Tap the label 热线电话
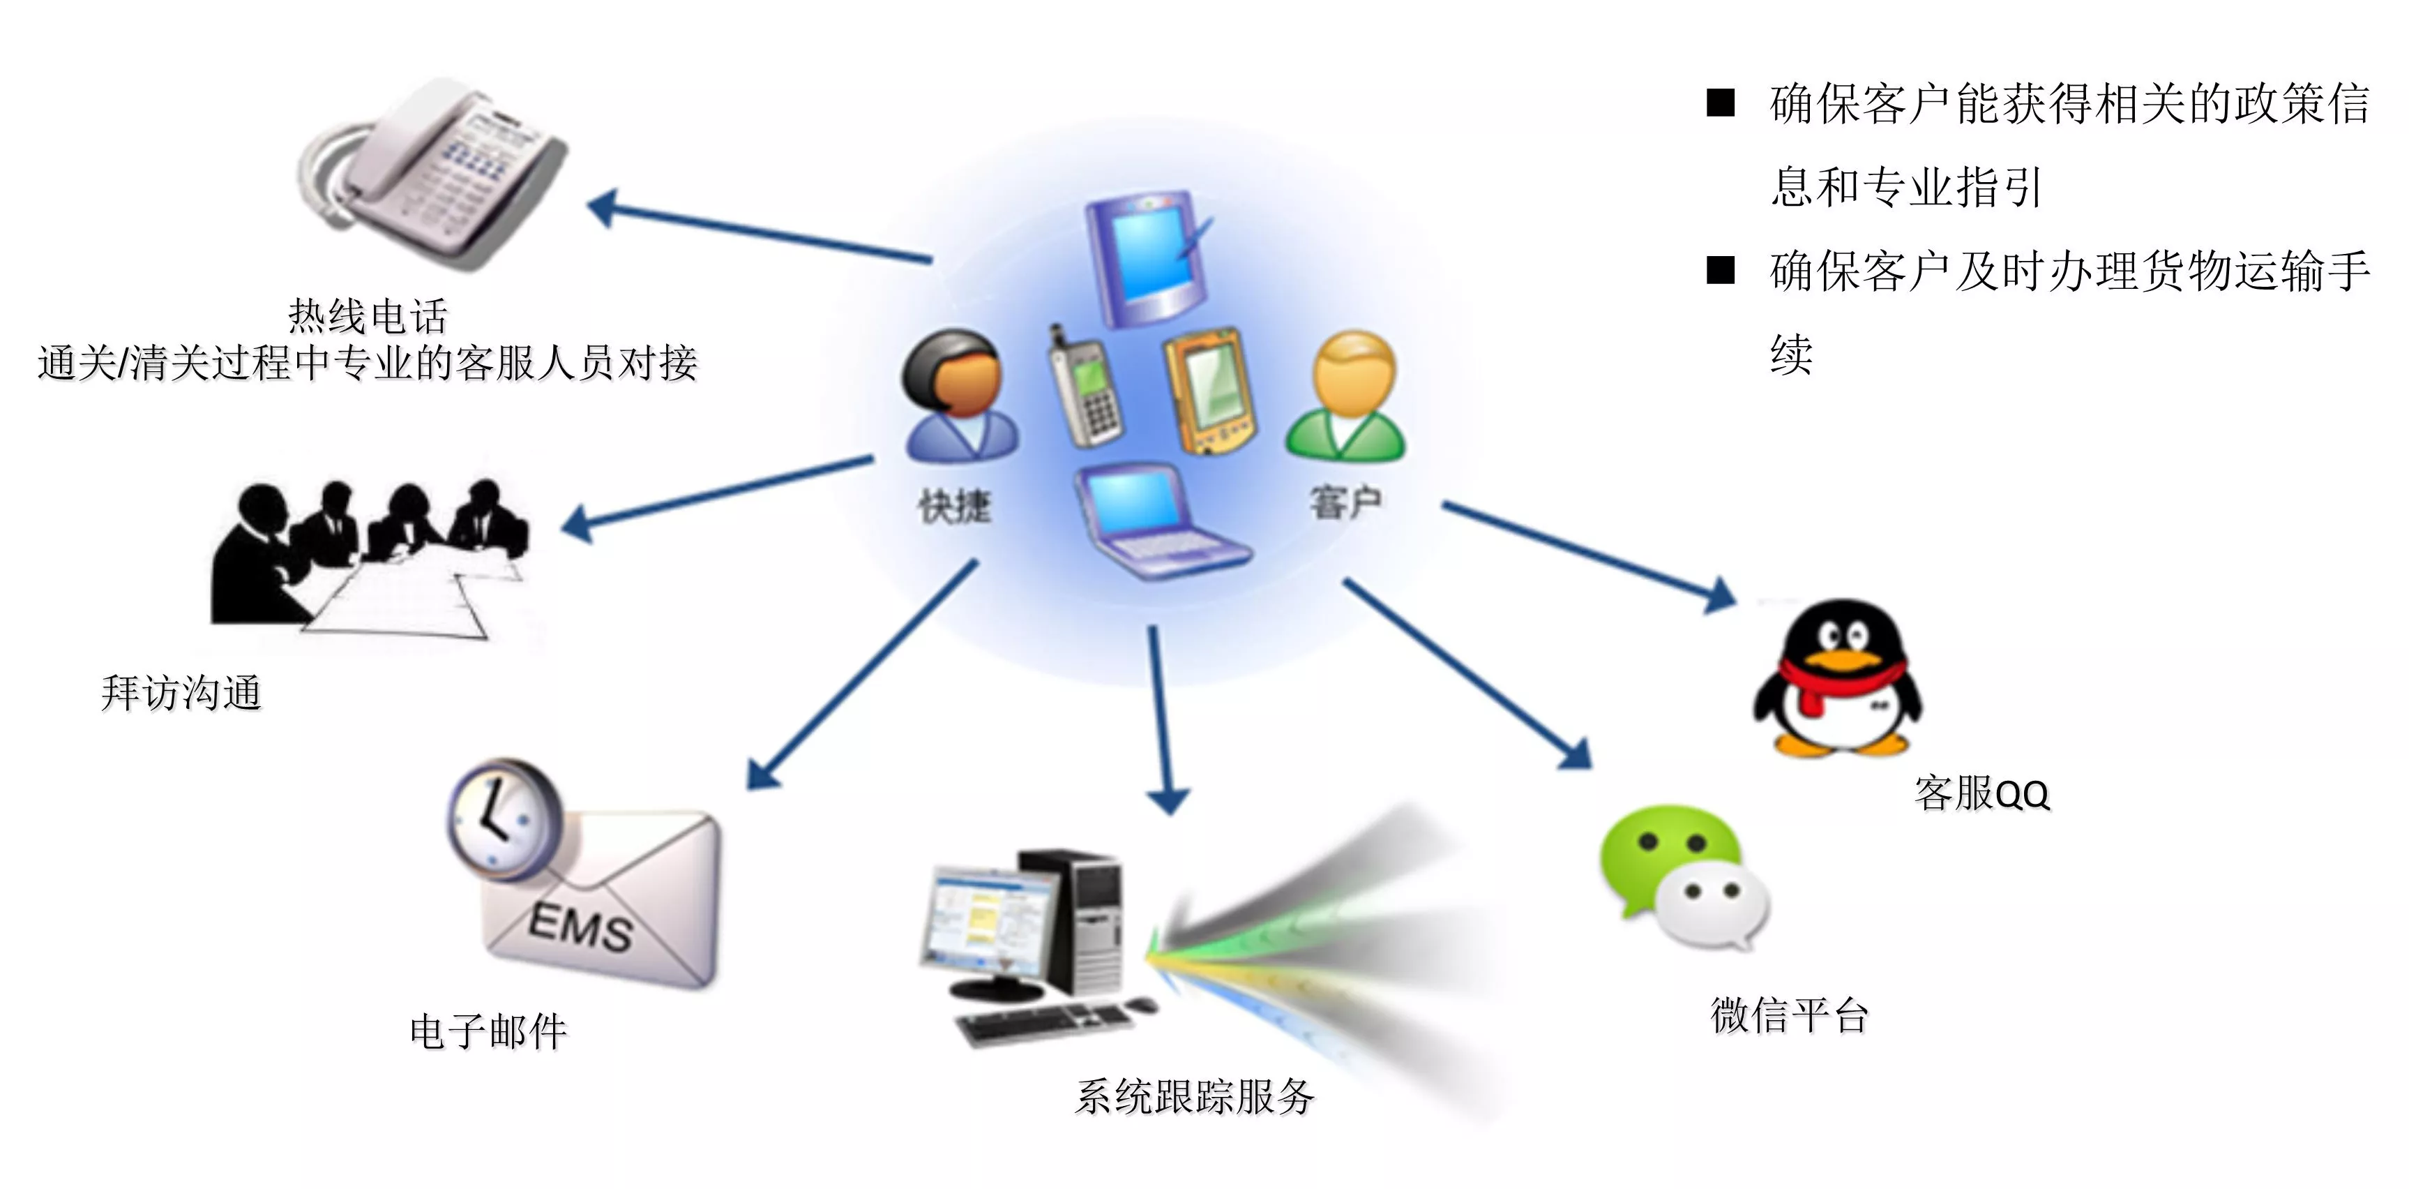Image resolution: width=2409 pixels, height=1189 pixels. [x=368, y=315]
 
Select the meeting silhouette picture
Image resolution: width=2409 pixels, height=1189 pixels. [x=370, y=558]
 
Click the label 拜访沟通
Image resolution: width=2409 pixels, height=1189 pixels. [x=181, y=693]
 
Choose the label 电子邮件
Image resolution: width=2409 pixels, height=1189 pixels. [x=489, y=1031]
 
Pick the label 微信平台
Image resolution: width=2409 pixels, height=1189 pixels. [x=1790, y=1015]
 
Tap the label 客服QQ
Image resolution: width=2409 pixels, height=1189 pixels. [x=1981, y=793]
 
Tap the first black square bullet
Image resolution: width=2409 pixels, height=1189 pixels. [x=1721, y=102]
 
